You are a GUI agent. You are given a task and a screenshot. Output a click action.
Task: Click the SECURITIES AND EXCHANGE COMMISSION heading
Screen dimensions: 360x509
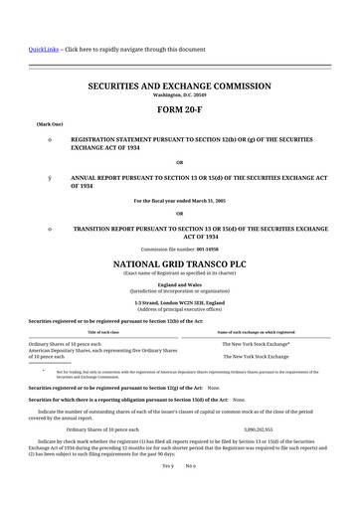(179, 86)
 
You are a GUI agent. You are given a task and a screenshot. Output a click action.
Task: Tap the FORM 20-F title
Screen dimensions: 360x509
(179, 110)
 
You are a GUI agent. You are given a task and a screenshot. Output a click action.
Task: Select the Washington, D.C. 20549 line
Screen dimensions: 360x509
(179, 95)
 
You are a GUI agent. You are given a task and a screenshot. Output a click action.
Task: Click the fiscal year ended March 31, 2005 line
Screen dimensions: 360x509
(179, 200)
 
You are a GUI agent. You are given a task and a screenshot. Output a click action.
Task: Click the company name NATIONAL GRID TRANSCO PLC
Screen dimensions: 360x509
(179, 263)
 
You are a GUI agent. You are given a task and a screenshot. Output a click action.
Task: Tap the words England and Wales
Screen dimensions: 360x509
(179, 284)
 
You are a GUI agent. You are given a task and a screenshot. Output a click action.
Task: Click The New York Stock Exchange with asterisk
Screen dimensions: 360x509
(256, 343)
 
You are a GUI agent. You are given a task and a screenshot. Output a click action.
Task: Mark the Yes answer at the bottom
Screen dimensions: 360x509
(168, 465)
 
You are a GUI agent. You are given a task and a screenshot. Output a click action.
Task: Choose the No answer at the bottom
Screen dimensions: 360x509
(190, 465)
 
